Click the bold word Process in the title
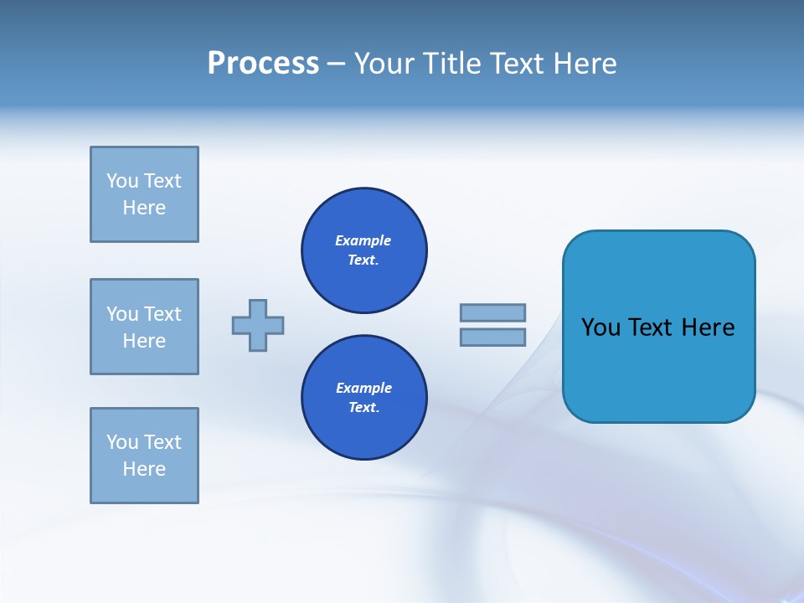click(x=263, y=64)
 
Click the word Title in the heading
click(x=453, y=64)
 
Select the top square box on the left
click(x=144, y=194)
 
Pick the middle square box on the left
click(x=144, y=327)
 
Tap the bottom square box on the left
click(x=144, y=456)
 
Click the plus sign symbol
click(x=258, y=325)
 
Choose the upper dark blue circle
click(x=364, y=250)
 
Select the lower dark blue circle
click(x=364, y=398)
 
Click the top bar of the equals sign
click(x=492, y=312)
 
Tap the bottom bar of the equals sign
click(x=492, y=337)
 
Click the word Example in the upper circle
click(x=363, y=240)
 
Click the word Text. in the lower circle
click(x=363, y=408)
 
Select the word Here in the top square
click(x=144, y=208)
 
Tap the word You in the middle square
click(x=121, y=314)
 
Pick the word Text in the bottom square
click(x=162, y=442)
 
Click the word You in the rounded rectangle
click(x=600, y=327)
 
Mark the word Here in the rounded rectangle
click(x=708, y=327)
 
